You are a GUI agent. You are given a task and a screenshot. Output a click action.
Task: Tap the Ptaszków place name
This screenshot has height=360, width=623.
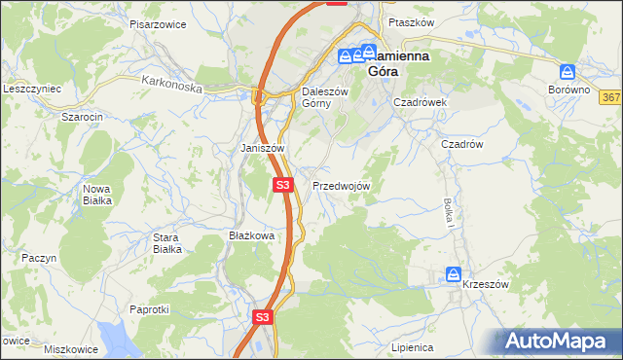(409, 20)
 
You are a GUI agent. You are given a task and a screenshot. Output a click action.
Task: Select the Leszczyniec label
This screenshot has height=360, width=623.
(32, 88)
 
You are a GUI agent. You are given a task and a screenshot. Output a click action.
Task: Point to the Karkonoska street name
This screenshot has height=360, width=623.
(170, 86)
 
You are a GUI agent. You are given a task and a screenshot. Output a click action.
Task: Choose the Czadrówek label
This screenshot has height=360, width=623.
(420, 101)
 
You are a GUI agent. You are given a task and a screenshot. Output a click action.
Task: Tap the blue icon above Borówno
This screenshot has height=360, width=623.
(568, 71)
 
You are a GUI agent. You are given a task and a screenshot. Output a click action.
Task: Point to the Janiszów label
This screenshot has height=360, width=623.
(261, 148)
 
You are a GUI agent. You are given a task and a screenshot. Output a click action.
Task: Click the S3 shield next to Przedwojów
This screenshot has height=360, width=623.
(282, 184)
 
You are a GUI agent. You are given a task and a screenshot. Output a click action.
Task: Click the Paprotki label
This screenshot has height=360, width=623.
(150, 308)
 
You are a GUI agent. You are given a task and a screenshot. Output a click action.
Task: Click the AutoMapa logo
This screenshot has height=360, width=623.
(558, 341)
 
